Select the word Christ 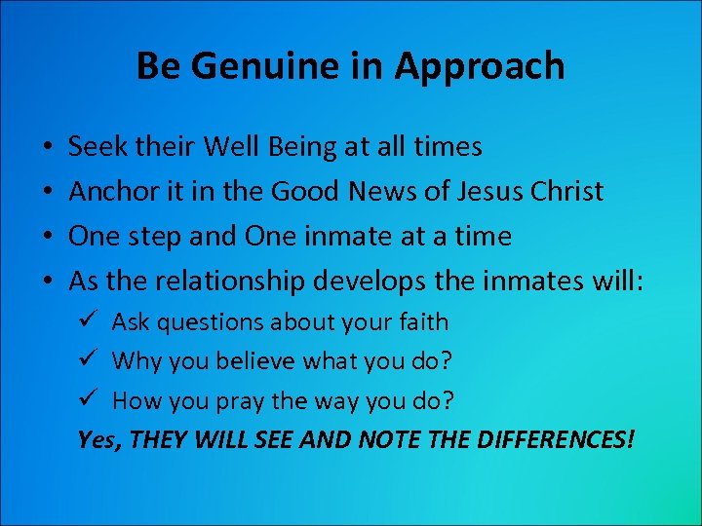coord(567,191)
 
